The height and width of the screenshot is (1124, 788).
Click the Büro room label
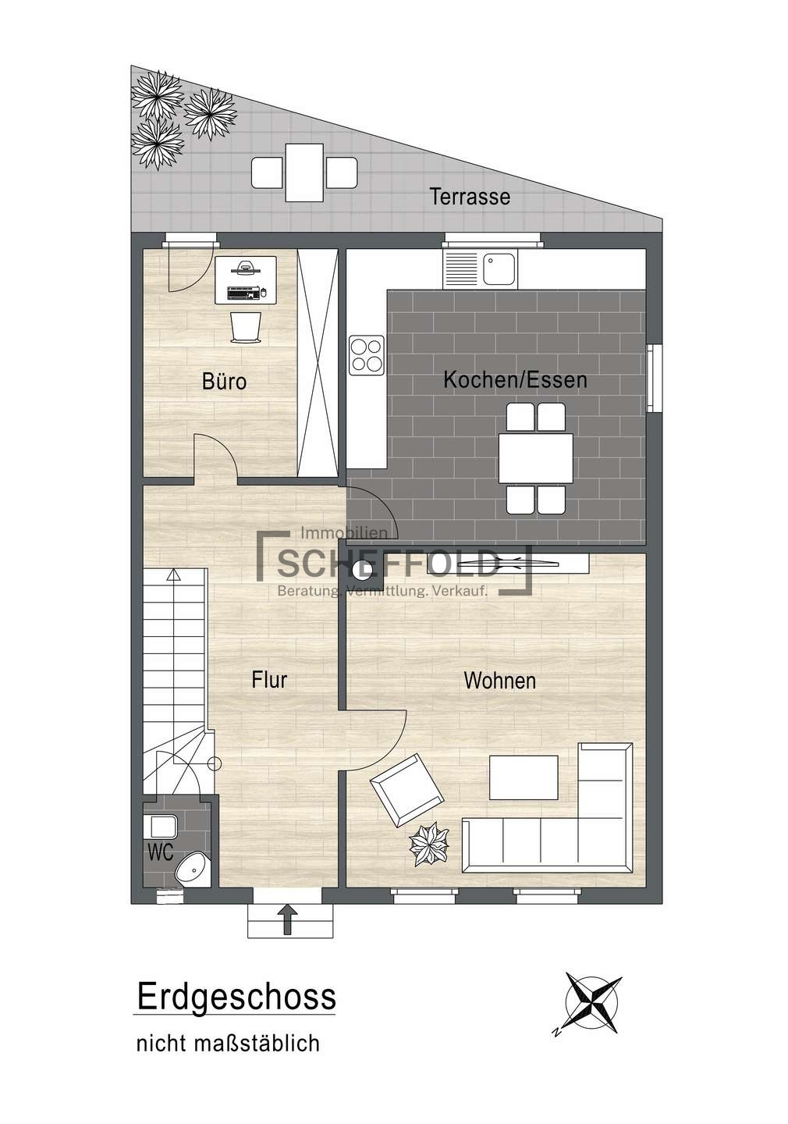[x=224, y=381]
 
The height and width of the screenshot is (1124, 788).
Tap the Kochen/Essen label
[x=515, y=379]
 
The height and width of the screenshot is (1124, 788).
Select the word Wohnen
[x=499, y=681]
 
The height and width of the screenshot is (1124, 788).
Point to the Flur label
[x=269, y=680]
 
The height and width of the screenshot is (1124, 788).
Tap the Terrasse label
[x=470, y=196]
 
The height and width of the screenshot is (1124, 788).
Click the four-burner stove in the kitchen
[x=366, y=355]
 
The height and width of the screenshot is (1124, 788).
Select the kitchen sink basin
[x=497, y=269]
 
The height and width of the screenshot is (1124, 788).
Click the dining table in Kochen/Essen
[x=536, y=458]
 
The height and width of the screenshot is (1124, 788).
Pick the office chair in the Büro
[x=246, y=327]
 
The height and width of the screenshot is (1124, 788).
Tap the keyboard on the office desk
[x=243, y=293]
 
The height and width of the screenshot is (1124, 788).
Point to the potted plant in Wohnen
[x=429, y=844]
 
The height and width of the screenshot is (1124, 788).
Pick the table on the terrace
[x=304, y=172]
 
